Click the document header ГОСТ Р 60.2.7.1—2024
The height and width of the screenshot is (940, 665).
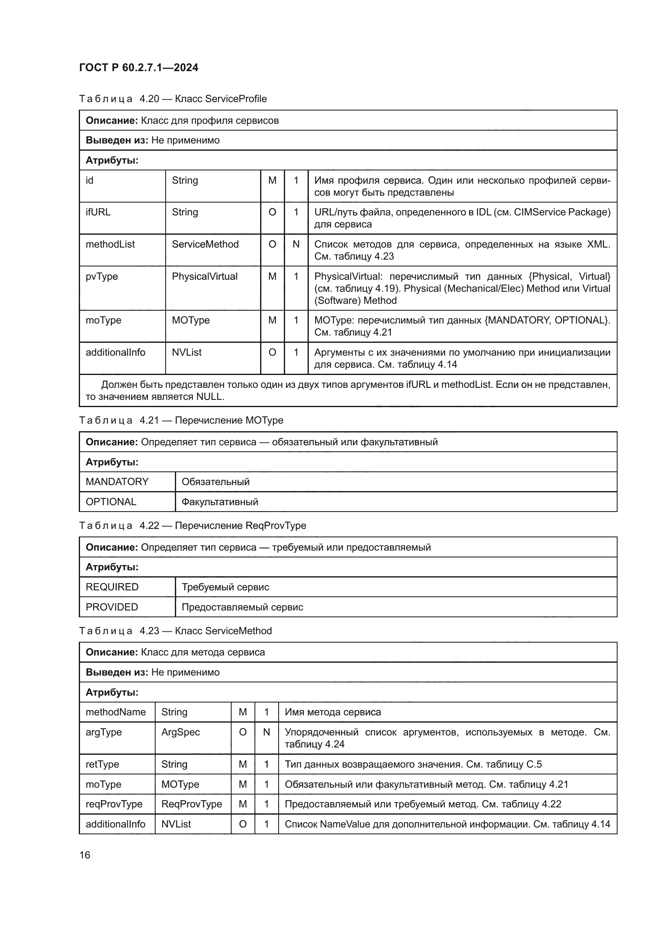tap(138, 68)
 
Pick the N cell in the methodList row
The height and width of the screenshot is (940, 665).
tap(296, 244)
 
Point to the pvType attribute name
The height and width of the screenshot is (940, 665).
tap(102, 276)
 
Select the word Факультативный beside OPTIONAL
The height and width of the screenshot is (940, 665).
tap(220, 502)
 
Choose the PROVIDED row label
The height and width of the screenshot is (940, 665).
tap(111, 607)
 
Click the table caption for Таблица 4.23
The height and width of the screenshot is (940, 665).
tap(175, 631)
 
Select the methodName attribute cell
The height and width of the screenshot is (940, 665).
tap(115, 713)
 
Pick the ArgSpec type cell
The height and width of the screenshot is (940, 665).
tap(180, 733)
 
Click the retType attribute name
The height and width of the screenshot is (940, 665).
tap(102, 764)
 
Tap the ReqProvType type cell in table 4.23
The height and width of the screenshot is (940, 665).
tap(191, 804)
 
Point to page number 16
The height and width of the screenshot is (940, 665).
tap(85, 855)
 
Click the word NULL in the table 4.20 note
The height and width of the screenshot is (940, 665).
tap(209, 397)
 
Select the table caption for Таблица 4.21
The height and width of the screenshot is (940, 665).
tap(181, 420)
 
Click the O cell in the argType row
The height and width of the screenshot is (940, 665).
tap(242, 733)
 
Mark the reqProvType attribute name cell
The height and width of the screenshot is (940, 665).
tap(114, 804)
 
